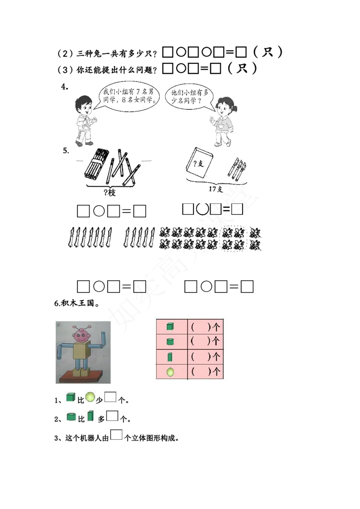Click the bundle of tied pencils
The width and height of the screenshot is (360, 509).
coord(96,165)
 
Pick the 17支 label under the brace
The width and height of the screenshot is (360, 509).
coord(216,189)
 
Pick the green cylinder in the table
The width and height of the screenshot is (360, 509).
coord(170,341)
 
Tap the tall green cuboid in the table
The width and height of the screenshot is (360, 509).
coord(170,357)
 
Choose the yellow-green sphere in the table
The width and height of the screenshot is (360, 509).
coord(170,372)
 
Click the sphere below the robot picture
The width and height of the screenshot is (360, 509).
coord(90,397)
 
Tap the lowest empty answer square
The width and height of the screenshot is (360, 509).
coord(116,435)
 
